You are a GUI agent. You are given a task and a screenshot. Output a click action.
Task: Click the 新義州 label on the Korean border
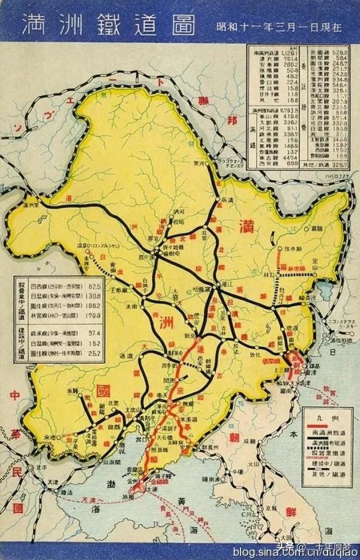coord(214,448)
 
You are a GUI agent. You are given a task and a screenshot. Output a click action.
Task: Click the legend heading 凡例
coord(324,413)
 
